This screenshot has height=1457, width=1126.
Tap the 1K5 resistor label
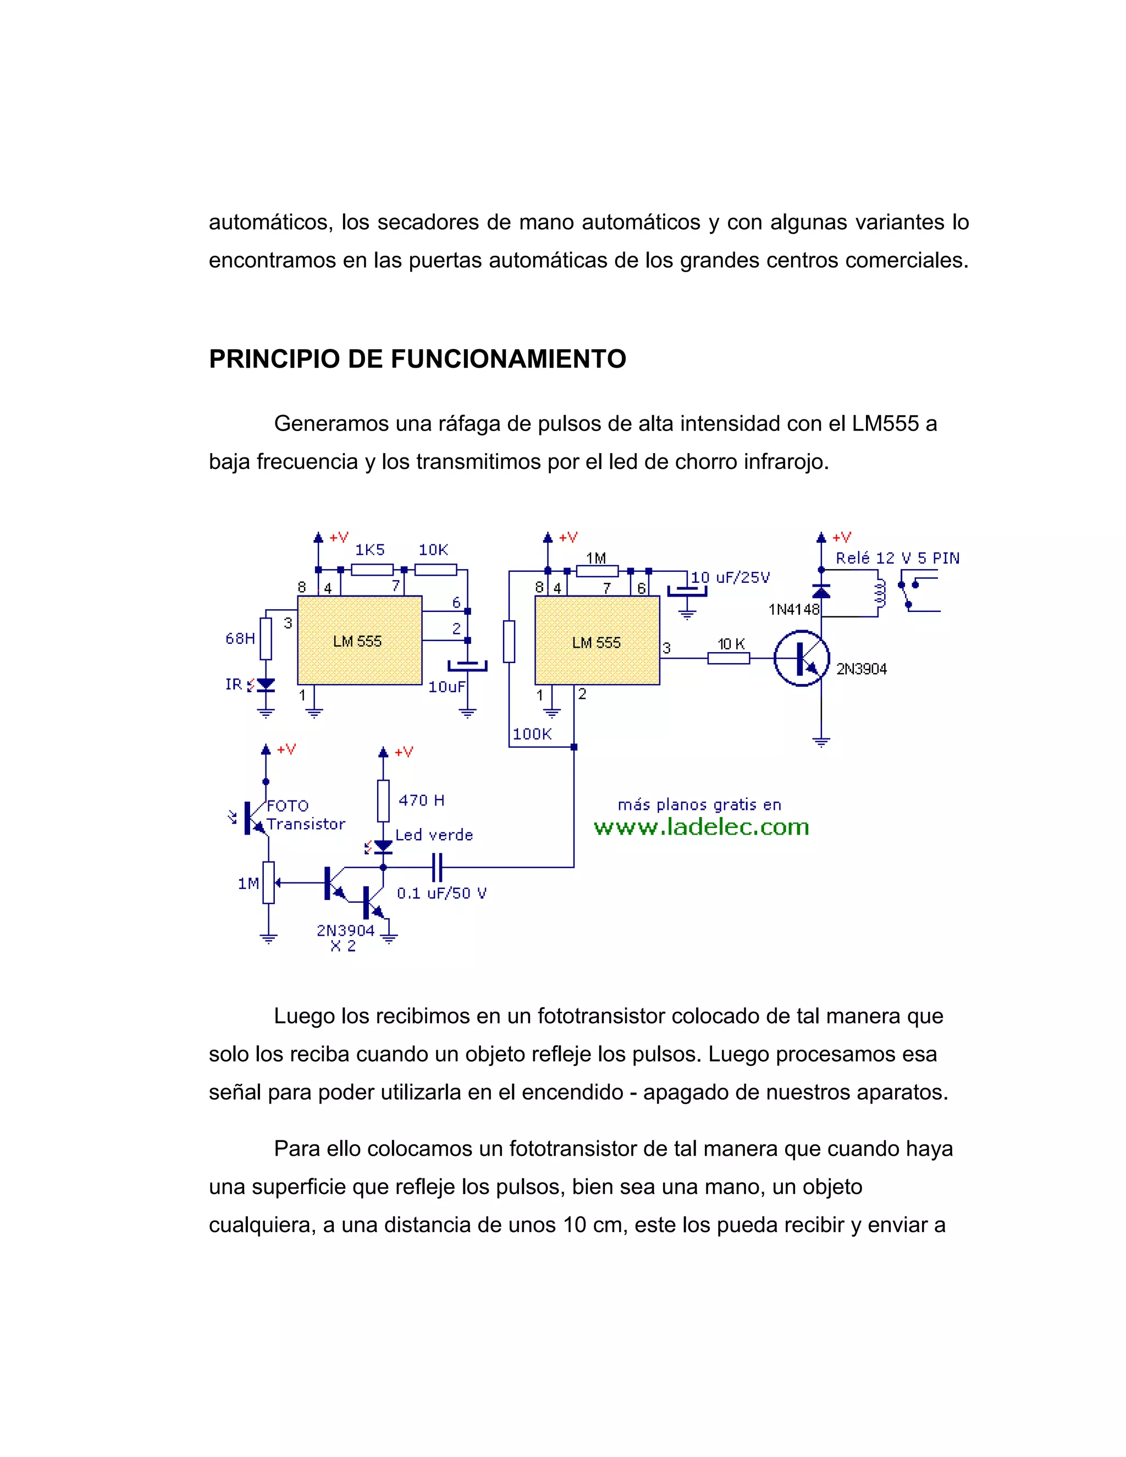click(x=369, y=550)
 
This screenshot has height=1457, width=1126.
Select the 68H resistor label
click(x=240, y=638)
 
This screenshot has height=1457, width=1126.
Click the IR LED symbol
click(x=266, y=685)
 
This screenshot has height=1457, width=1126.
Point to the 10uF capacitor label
click(x=446, y=687)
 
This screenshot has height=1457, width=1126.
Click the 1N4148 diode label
click(x=794, y=609)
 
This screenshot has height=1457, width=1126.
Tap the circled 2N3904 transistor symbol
click(x=802, y=659)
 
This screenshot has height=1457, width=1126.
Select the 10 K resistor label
click(x=731, y=644)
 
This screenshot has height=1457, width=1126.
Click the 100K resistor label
click(x=532, y=734)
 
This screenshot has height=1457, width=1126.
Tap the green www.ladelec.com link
click(x=701, y=827)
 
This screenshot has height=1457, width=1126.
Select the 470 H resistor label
click(x=421, y=800)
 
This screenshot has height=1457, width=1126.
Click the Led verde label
click(x=434, y=835)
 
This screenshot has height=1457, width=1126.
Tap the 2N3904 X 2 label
click(x=345, y=937)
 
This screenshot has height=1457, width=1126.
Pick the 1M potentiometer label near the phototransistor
click(x=248, y=884)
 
